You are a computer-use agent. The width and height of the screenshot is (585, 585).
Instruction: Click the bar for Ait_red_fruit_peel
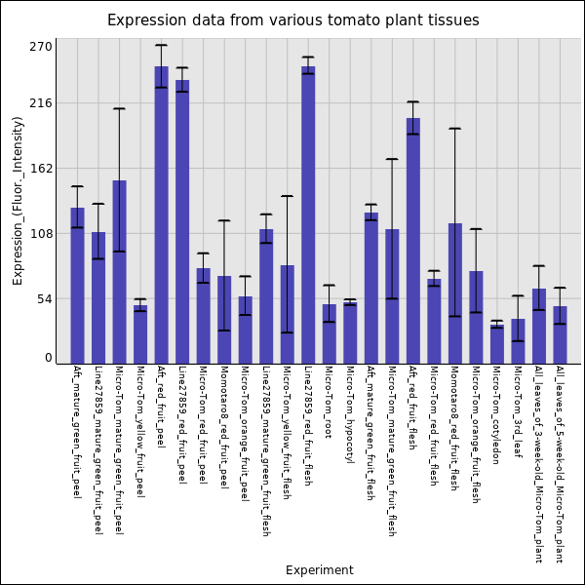161,214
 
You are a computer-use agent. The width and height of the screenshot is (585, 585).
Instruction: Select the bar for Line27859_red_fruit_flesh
308,214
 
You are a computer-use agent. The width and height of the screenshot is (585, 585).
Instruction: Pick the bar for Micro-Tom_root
329,333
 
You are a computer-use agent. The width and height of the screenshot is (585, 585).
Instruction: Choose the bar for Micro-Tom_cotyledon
497,344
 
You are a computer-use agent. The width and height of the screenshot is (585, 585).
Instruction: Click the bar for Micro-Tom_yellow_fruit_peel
140,334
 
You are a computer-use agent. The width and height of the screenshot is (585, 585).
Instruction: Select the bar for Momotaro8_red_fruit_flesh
455,293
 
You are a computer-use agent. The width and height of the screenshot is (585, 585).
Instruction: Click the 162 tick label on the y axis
40,168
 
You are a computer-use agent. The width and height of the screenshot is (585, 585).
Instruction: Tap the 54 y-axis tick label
44,298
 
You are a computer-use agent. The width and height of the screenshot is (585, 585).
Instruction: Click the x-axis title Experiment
319,570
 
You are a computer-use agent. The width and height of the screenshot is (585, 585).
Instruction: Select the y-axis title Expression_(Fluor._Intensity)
18,200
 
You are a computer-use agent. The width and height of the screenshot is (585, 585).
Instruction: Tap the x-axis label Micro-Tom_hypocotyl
350,414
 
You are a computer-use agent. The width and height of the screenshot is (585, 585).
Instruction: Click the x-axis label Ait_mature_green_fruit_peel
76,431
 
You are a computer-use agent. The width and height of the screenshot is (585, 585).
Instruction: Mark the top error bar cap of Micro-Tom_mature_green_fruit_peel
119,108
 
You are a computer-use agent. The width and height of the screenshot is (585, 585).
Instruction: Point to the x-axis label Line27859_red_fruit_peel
181,425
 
